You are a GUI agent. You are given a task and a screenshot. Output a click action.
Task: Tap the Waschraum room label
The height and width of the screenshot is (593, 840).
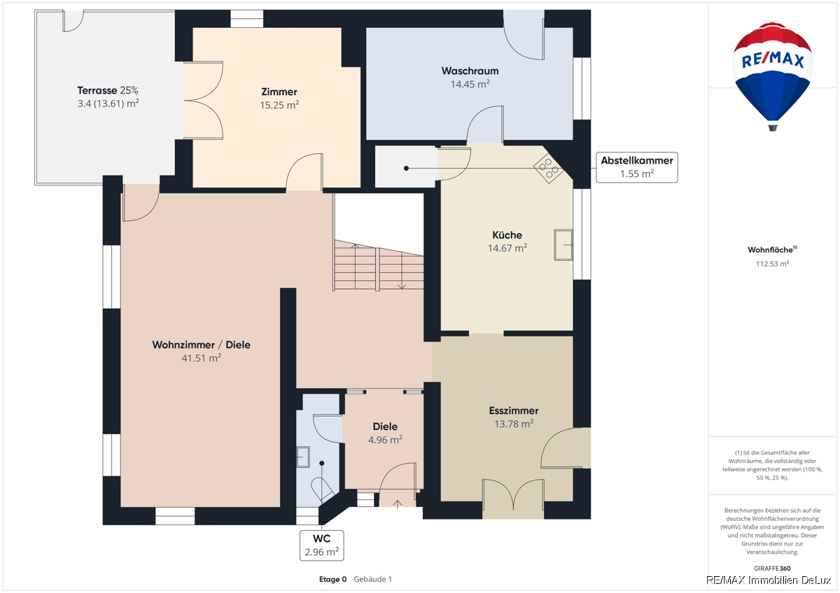coord(470,71)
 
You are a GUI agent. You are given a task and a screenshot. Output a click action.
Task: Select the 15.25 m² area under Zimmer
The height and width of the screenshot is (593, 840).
coord(279,105)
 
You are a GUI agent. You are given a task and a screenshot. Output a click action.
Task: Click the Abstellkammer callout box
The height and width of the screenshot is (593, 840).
coord(637,167)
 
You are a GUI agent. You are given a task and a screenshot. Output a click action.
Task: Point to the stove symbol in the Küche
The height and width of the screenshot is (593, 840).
coord(548,169)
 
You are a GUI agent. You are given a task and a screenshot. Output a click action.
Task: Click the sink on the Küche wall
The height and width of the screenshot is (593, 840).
coord(563,245)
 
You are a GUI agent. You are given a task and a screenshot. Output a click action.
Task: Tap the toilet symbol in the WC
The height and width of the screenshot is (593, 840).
coord(322,489)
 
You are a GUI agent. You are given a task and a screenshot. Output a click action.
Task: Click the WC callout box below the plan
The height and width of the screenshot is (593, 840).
coord(322,545)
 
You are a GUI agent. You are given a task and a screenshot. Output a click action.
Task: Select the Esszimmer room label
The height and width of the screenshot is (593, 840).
coord(514,410)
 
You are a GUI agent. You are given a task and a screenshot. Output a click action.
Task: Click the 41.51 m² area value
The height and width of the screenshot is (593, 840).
coord(202,358)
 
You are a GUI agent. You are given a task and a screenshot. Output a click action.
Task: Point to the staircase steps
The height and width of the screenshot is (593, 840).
coord(379,265)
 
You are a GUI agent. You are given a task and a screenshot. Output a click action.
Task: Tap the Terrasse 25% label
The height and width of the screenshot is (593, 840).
coord(108,90)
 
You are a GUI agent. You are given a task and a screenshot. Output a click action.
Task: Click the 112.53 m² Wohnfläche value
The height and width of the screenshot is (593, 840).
coord(773,264)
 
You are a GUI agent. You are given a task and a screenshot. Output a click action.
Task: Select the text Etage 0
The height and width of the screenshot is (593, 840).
coord(332,579)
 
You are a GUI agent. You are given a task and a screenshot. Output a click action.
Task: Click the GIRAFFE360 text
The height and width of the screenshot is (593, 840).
coord(772,569)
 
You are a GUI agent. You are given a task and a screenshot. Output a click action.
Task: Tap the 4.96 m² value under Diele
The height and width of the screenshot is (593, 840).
coord(385,440)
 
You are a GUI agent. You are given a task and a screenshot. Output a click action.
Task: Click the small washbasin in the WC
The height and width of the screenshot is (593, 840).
coord(303,457)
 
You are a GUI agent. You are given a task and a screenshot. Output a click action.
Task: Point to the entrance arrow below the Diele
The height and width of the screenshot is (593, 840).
coord(398,504)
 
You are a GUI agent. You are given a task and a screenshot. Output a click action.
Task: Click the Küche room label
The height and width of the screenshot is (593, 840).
coord(507,235)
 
